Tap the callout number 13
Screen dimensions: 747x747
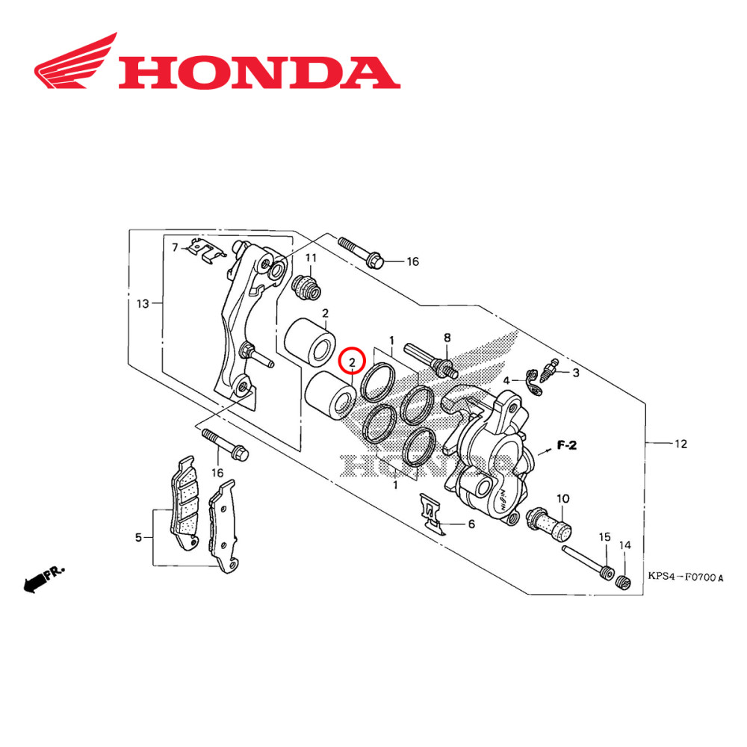pyautogui.click(x=143, y=303)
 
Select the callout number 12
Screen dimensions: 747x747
pyautogui.click(x=681, y=444)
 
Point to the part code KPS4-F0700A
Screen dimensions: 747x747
pyautogui.click(x=686, y=577)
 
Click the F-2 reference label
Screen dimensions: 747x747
pyautogui.click(x=568, y=447)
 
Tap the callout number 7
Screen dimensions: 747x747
pyautogui.click(x=175, y=247)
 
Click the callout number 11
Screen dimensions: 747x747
pyautogui.click(x=311, y=258)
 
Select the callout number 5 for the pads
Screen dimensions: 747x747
pyautogui.click(x=138, y=536)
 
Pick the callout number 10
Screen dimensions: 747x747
pyautogui.click(x=562, y=498)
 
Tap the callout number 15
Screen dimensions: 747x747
pyautogui.click(x=604, y=537)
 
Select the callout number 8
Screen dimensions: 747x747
pyautogui.click(x=447, y=338)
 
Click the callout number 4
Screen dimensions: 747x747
pyautogui.click(x=506, y=380)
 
